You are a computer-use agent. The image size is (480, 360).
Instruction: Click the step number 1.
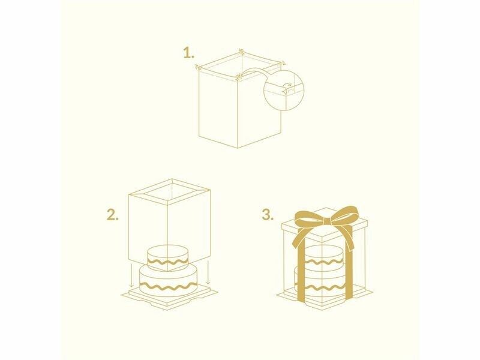[x=188, y=53]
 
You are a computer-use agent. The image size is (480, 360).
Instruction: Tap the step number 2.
[x=113, y=215]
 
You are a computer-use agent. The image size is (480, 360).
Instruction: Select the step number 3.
[x=268, y=215]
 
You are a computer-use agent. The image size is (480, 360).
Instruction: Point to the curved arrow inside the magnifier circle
[x=287, y=85]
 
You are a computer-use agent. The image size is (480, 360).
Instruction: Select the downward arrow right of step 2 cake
[x=208, y=272]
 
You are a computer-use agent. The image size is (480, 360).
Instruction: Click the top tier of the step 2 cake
[x=167, y=257]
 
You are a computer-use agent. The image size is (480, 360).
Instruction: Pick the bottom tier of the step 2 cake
[x=167, y=281]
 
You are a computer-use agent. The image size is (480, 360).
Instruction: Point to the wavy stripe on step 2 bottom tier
[x=167, y=287]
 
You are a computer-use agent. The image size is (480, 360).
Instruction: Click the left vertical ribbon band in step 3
[x=301, y=269]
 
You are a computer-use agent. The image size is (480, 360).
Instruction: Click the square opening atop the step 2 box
[x=170, y=193]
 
